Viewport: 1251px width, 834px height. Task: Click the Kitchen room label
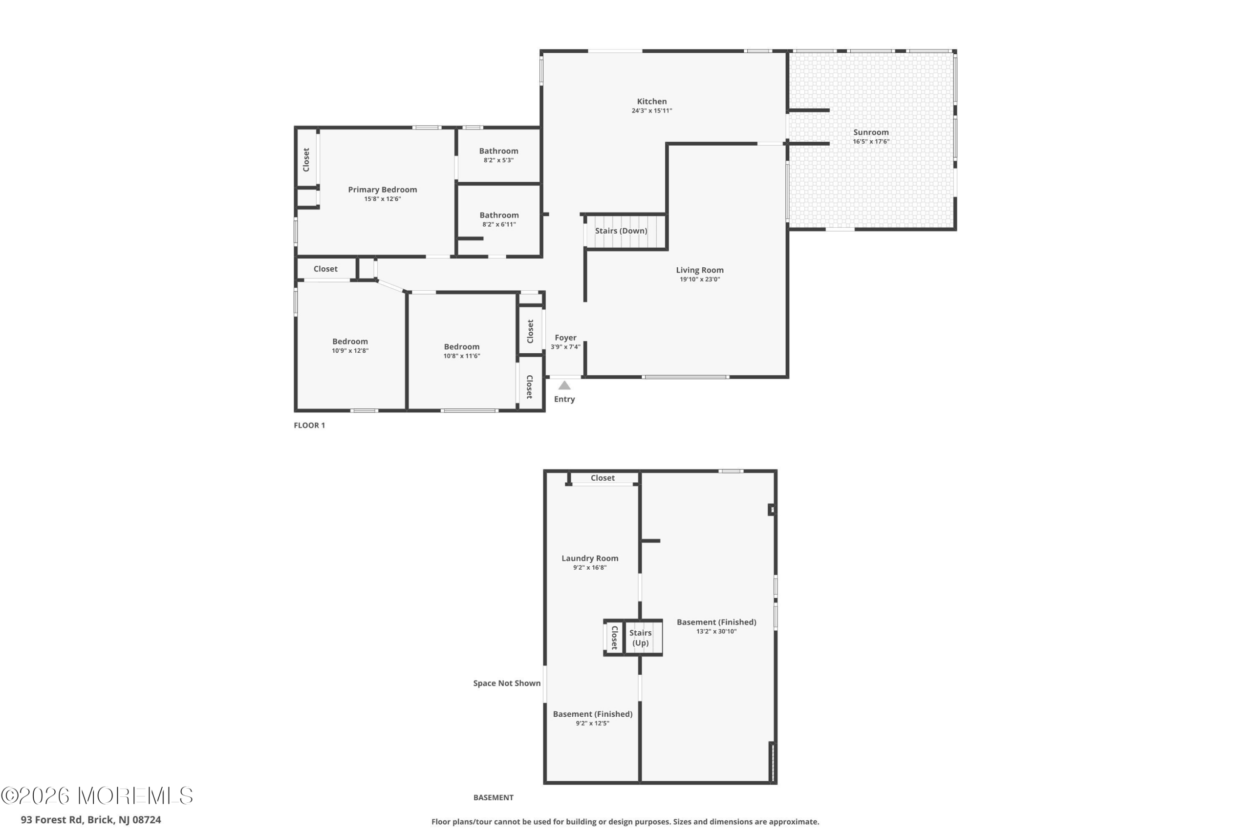tap(651, 102)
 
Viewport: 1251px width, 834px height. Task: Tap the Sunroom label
tap(871, 132)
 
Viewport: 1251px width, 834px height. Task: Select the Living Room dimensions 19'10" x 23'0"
tap(699, 279)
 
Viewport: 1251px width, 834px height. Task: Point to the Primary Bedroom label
tap(383, 190)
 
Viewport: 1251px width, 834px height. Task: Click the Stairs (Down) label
tap(621, 231)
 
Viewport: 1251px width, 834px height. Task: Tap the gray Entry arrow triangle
tap(564, 385)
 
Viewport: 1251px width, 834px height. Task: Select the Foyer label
tap(565, 338)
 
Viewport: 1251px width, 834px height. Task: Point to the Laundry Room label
tap(590, 558)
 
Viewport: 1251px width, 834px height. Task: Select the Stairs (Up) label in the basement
tap(640, 638)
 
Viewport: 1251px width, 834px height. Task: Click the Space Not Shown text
tap(507, 684)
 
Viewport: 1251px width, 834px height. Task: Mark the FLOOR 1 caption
tap(309, 426)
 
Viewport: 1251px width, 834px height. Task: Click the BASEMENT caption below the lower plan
tap(493, 798)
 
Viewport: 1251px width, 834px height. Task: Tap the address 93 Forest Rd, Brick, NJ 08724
tap(91, 820)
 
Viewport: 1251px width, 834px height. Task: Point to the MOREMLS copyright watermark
tap(97, 796)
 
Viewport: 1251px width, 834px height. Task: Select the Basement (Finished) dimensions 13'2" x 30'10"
tap(716, 631)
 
